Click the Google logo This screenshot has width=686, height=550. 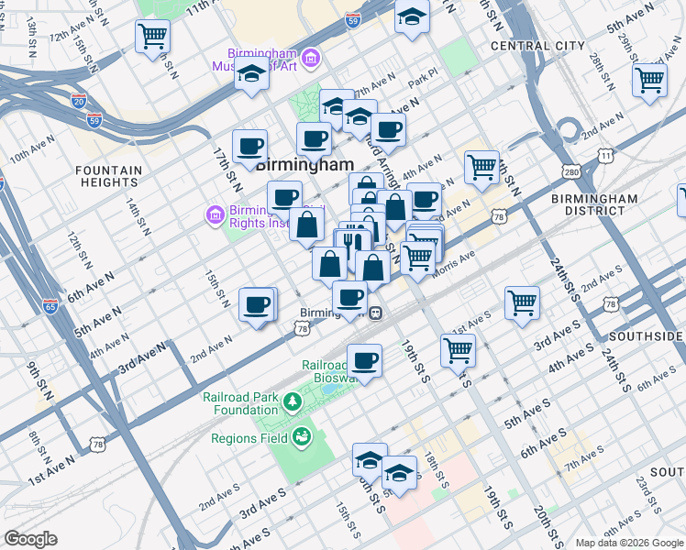(30, 539)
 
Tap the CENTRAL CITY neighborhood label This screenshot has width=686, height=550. (537, 45)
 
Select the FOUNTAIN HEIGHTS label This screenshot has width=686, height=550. (108, 176)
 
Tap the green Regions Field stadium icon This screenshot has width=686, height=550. (302, 438)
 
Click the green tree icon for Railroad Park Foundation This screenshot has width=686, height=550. (293, 401)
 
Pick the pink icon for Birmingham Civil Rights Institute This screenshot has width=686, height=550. (216, 215)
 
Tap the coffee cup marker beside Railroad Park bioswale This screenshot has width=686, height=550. (364, 360)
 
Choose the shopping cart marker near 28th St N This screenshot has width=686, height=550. (649, 80)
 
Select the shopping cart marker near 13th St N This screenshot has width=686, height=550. (152, 38)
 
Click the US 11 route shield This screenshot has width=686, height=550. (606, 156)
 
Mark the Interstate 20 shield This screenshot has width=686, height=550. (78, 101)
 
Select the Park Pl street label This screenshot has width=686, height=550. (420, 83)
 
